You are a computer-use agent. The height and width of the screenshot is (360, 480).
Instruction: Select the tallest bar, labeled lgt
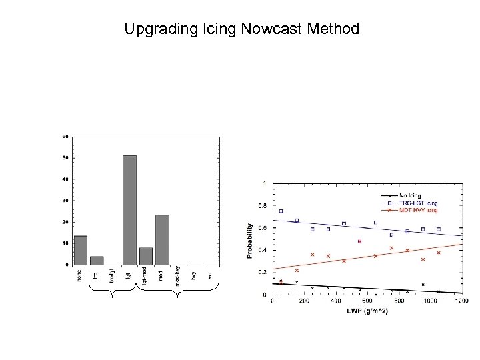[x=129, y=210]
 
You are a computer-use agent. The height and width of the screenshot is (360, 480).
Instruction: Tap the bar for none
[x=81, y=250]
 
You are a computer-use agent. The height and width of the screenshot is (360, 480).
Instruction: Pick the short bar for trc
[x=97, y=261]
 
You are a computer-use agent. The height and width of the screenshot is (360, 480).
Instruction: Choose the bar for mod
[x=162, y=239]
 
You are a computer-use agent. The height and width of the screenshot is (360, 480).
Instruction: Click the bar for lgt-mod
[x=146, y=256]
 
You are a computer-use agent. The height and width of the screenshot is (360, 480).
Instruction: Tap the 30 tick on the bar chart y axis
[x=65, y=201]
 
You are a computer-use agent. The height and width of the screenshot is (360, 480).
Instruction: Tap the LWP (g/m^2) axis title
[x=367, y=311]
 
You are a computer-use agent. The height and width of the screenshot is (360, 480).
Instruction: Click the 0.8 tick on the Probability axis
[x=264, y=205]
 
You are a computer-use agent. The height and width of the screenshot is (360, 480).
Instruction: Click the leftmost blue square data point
[x=281, y=211]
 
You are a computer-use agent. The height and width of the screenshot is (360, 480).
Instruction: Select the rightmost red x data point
[x=439, y=253]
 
